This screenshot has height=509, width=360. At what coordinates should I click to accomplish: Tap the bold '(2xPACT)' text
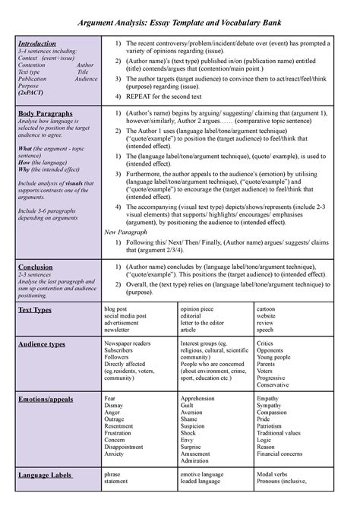(31, 100)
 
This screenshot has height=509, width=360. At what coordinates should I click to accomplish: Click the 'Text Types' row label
(34, 311)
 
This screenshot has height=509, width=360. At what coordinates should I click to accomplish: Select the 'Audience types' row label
(41, 344)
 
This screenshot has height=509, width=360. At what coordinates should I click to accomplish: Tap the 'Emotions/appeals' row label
(45, 398)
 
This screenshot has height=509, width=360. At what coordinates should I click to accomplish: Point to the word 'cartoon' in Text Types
(267, 310)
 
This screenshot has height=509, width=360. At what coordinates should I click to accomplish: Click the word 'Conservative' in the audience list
(273, 384)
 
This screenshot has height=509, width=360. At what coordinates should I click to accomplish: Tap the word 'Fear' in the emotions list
(110, 398)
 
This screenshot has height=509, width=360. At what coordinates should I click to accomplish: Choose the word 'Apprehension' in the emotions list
(198, 398)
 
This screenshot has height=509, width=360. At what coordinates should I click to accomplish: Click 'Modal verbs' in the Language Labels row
(273, 474)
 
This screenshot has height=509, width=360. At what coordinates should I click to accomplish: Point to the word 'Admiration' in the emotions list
(196, 460)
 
